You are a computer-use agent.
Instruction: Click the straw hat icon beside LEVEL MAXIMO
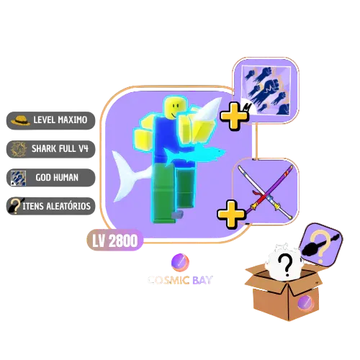point(21,120)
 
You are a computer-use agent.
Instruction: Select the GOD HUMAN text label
point(57,178)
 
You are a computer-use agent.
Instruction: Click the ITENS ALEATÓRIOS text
point(57,206)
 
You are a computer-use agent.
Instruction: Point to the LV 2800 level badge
point(115,240)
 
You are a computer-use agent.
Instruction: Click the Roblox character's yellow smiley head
point(175,107)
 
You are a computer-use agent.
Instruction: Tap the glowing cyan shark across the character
point(194,154)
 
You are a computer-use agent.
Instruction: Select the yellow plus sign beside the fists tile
point(234,117)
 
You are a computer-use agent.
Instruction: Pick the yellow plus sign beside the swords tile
point(231,215)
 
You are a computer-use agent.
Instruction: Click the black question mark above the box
point(286,265)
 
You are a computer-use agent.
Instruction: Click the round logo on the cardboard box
point(305,303)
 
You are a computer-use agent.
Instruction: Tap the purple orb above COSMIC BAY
point(180,263)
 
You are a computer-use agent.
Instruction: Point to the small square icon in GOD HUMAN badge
point(19,178)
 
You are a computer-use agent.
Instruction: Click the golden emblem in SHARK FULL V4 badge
point(19,149)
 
